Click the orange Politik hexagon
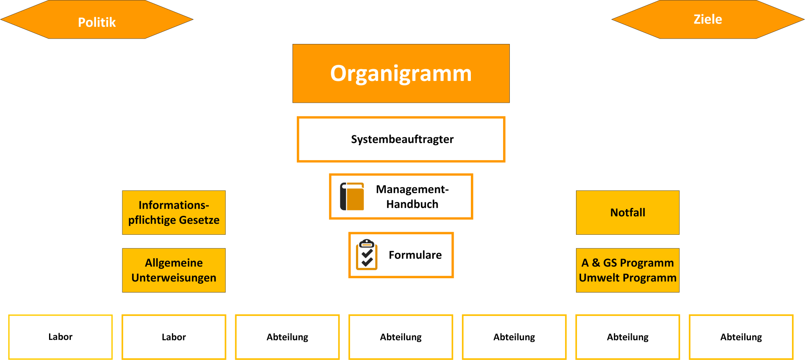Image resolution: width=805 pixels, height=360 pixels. (97, 20)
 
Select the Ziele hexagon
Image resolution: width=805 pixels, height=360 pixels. (708, 19)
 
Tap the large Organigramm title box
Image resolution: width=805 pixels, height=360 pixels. (401, 73)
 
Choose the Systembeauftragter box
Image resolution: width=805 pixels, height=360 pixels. (401, 139)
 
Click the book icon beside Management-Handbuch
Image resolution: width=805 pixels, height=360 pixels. (352, 196)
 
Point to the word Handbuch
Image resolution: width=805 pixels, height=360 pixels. (412, 204)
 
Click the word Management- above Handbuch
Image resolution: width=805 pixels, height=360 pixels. (412, 189)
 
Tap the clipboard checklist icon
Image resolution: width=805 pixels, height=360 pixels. (367, 254)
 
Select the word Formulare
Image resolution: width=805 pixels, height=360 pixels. (415, 255)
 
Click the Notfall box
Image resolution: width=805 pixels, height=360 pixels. (628, 212)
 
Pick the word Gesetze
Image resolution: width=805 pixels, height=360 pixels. (199, 220)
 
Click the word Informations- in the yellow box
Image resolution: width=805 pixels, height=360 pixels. (174, 205)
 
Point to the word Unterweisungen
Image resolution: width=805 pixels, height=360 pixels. (174, 278)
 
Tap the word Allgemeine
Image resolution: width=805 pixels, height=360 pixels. (174, 263)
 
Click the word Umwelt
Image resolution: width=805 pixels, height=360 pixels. (599, 278)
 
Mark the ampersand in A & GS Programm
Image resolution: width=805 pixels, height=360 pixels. (596, 263)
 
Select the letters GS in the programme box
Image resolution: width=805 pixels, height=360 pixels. (610, 263)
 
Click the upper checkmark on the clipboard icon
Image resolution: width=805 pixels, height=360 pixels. (367, 253)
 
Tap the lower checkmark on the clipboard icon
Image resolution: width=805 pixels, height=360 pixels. (367, 262)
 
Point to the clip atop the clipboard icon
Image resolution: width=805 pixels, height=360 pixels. (367, 243)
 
